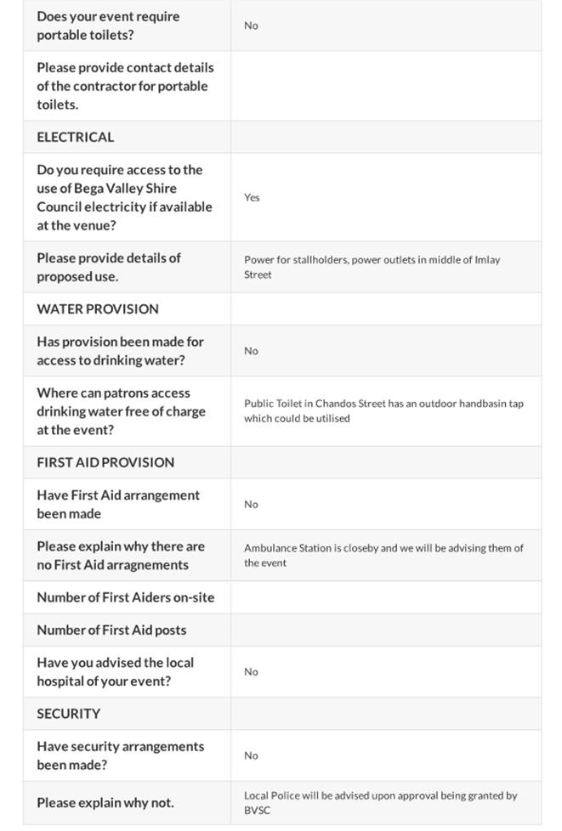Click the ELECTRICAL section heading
(x=75, y=137)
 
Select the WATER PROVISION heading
(x=97, y=308)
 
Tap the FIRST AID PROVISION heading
(x=105, y=462)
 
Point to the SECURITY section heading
(x=68, y=714)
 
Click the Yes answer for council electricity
(x=252, y=197)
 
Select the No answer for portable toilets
(x=251, y=25)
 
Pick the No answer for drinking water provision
(x=251, y=350)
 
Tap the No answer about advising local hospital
(x=251, y=671)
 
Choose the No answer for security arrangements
(x=251, y=755)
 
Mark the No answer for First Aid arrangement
(x=251, y=504)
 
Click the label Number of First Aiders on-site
(x=125, y=597)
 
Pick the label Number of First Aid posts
(x=111, y=630)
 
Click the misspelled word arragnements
(x=145, y=565)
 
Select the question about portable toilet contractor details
(x=125, y=86)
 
